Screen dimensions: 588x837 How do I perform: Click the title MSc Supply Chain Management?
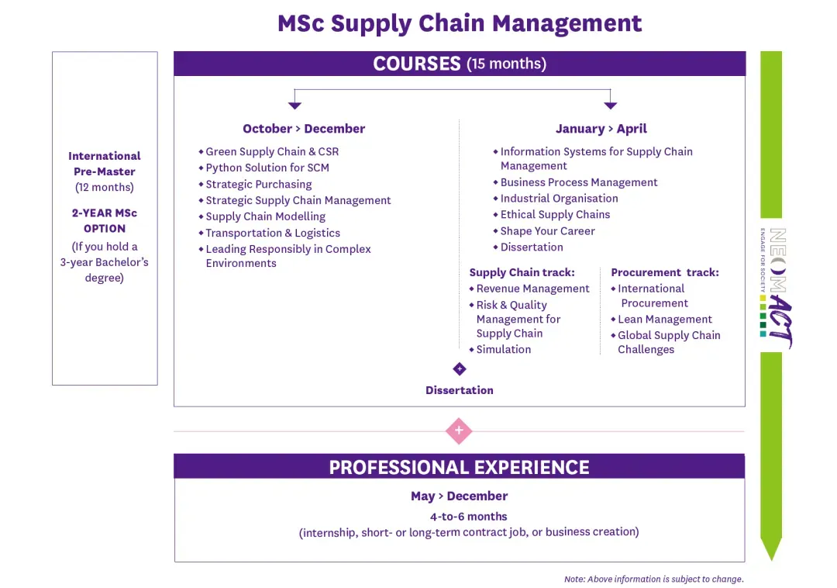460,23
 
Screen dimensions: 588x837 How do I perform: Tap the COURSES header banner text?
460,64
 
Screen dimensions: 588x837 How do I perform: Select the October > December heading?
304,129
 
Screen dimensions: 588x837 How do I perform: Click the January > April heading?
601,129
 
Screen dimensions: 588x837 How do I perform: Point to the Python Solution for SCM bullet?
267,168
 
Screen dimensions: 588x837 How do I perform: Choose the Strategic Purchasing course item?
259,185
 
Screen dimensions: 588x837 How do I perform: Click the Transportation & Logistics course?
273,233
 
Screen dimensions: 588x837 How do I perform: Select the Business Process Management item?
579,182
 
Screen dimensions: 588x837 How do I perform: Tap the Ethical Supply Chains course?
555,215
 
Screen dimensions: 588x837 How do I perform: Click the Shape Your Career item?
547,231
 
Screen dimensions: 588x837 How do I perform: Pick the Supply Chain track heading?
522,272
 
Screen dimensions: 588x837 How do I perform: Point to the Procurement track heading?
665,272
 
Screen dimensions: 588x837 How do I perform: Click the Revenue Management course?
532,289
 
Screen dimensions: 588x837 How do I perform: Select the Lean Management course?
665,320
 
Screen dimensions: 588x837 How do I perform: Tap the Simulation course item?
504,350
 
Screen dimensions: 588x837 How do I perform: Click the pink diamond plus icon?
459,431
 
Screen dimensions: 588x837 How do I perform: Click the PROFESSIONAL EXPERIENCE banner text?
459,467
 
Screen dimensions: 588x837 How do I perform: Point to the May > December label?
459,496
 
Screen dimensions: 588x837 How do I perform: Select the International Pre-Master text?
105,164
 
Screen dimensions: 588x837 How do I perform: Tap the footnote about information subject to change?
653,579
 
